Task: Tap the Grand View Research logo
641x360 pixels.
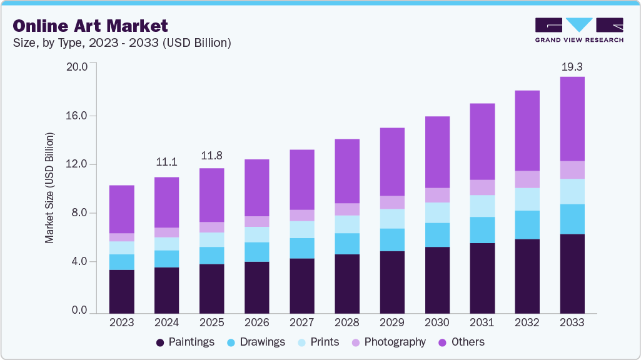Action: [578, 29]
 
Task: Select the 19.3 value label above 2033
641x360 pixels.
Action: [572, 66]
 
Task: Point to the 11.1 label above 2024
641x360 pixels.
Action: [166, 162]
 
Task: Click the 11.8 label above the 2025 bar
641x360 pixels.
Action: [211, 155]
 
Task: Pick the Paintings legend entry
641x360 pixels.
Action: [185, 342]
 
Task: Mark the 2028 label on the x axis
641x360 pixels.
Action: [346, 322]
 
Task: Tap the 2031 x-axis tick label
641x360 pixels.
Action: [482, 322]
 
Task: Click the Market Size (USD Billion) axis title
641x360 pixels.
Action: [49, 187]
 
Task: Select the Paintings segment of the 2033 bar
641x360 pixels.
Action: [572, 273]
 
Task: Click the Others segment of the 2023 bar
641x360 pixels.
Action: [121, 209]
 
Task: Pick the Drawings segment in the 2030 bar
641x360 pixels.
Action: [437, 235]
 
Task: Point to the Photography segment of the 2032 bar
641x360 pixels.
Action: [527, 179]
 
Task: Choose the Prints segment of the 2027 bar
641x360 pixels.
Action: [301, 229]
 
